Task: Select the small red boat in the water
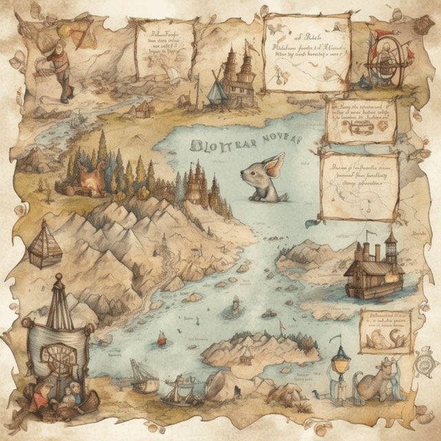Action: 162,339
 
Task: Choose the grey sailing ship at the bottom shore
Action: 181,391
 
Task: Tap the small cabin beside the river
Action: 143,108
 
